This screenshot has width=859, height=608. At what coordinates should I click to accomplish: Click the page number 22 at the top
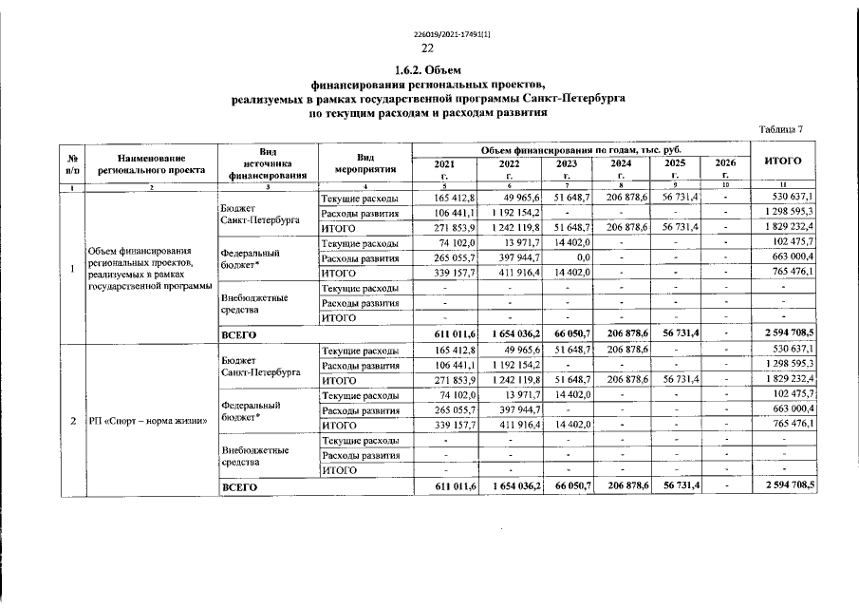pyautogui.click(x=428, y=48)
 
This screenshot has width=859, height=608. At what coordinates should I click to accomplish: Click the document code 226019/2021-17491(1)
pyautogui.click(x=428, y=35)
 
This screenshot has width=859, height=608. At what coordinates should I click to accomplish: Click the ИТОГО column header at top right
pyautogui.click(x=783, y=161)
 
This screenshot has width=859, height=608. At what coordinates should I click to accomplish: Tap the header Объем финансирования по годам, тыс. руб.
pyautogui.click(x=581, y=150)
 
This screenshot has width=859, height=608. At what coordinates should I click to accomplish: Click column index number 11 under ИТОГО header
pyautogui.click(x=783, y=184)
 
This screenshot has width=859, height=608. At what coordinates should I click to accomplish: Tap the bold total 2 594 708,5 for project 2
pyautogui.click(x=783, y=486)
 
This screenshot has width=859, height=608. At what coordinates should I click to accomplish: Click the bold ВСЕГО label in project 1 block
pyautogui.click(x=238, y=335)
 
